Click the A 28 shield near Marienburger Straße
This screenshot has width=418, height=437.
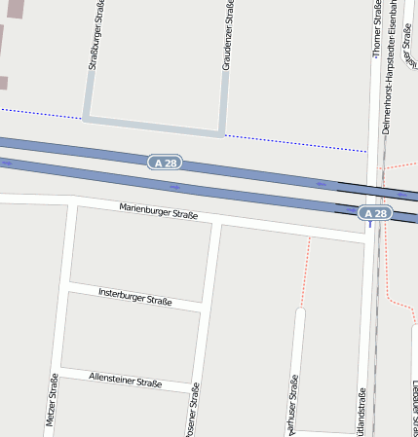coord(166,163)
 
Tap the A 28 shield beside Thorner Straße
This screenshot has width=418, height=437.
coord(375,212)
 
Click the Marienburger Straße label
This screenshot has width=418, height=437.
coord(159,211)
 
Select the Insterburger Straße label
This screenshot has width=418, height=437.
coord(135,296)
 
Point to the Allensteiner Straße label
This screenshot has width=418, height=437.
coord(125,382)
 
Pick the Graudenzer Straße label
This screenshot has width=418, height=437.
coord(227,36)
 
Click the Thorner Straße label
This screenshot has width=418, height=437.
coord(376,29)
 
